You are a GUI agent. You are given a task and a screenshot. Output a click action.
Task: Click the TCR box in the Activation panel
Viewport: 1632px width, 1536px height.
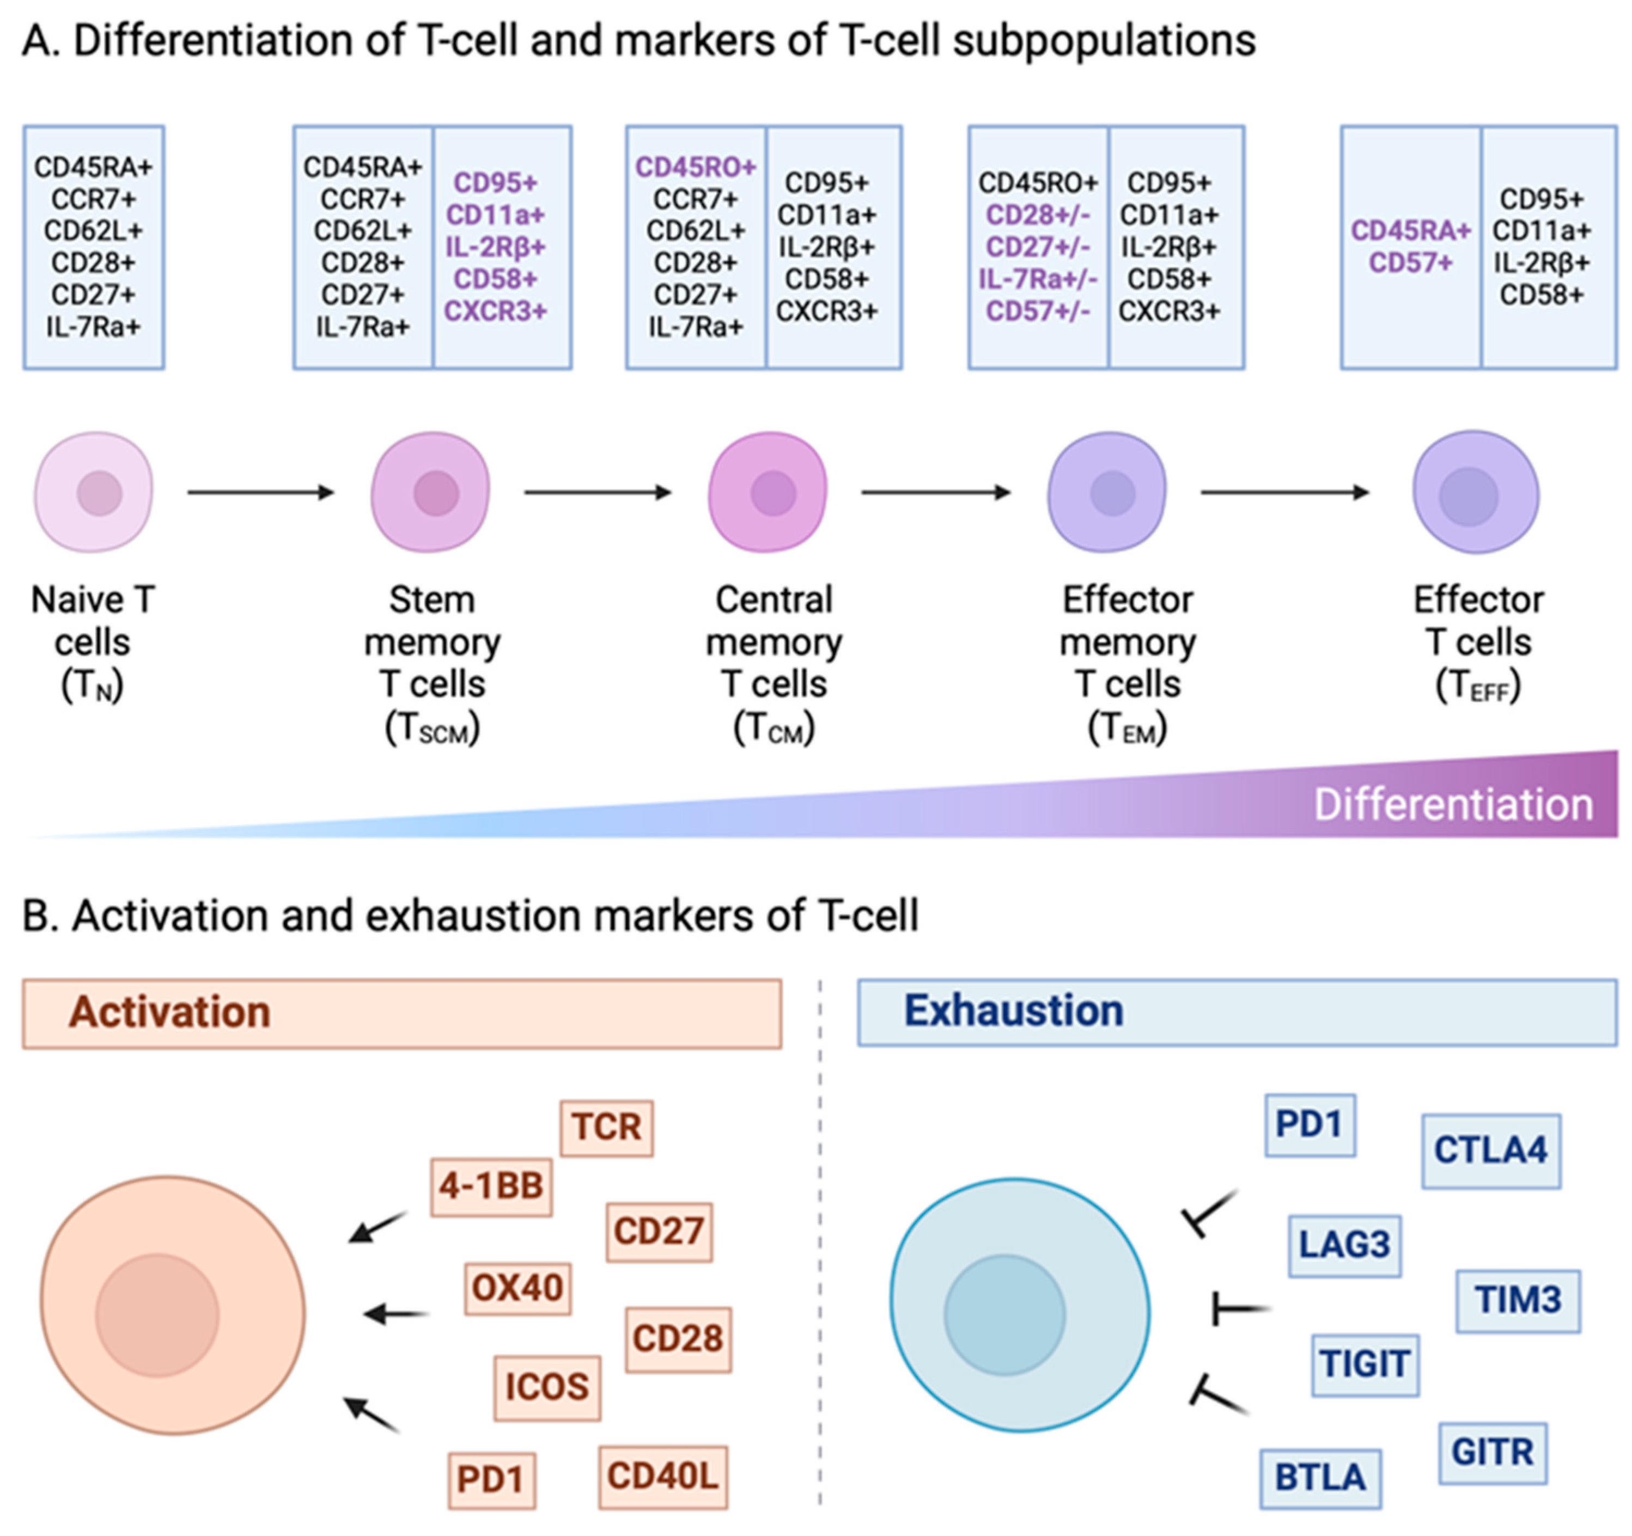tap(607, 1128)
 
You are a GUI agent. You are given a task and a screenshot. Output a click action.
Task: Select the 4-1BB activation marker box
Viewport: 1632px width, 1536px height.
tap(491, 1186)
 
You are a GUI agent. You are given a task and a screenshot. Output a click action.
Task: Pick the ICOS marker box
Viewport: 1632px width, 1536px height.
tap(547, 1387)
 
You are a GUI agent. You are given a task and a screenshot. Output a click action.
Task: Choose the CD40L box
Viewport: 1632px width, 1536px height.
tap(662, 1476)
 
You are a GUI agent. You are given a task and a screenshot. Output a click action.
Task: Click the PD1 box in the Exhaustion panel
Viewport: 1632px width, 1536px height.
tap(1310, 1124)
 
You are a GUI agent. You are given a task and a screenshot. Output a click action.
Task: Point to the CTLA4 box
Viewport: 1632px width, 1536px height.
tap(1491, 1151)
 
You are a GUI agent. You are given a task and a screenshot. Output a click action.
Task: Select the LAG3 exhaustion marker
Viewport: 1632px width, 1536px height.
tap(1344, 1245)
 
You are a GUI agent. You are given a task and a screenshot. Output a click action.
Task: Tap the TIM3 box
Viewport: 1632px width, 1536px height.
tap(1518, 1301)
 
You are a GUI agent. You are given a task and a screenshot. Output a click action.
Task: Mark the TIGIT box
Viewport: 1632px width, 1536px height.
tap(1365, 1364)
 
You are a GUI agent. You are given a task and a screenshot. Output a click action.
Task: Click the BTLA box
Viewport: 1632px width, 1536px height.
tap(1320, 1478)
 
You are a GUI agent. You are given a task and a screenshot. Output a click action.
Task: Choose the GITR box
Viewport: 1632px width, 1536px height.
tap(1493, 1452)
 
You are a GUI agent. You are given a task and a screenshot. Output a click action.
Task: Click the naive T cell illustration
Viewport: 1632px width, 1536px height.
tap(94, 492)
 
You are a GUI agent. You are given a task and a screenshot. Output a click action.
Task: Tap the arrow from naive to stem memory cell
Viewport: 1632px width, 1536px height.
tap(261, 492)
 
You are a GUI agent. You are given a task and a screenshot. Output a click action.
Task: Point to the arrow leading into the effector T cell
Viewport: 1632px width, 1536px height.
tap(1285, 492)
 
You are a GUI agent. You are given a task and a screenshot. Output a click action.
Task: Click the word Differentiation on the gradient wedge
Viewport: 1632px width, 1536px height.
tap(1453, 805)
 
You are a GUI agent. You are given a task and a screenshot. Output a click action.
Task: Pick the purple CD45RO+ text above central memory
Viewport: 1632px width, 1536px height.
tap(695, 167)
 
